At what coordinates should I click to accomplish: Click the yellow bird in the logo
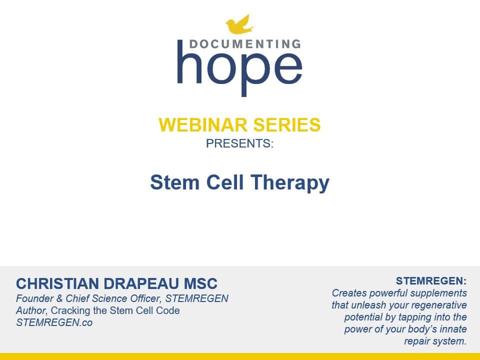(239, 24)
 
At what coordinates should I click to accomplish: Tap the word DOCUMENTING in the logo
(245, 44)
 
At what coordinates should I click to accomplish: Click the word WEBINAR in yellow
(202, 125)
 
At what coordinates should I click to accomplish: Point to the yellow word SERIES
(287, 125)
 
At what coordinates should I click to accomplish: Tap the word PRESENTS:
(239, 143)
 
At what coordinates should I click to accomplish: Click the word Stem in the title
(175, 182)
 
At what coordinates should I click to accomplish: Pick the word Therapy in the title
(290, 183)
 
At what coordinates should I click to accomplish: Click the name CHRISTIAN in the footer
(58, 284)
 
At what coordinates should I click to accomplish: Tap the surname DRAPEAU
(141, 284)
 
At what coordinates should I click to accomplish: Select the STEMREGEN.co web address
(54, 322)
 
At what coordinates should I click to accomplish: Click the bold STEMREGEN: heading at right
(431, 280)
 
